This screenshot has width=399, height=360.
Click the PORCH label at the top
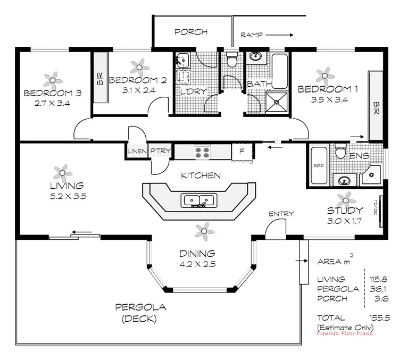190,32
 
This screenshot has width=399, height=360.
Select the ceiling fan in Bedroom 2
140,66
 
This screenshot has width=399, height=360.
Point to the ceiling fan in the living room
62,172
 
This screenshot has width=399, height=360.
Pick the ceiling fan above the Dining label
202,230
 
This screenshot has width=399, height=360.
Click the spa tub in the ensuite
318,165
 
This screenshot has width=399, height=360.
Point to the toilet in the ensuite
340,153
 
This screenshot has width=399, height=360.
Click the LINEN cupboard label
137,152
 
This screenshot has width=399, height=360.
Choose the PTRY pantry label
160,152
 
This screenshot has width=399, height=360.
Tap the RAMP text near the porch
252,35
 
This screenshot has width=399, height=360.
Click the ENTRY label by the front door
281,214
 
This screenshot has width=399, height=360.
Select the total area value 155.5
380,317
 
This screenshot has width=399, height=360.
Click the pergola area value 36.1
380,289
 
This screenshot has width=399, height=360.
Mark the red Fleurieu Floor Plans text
344,333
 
